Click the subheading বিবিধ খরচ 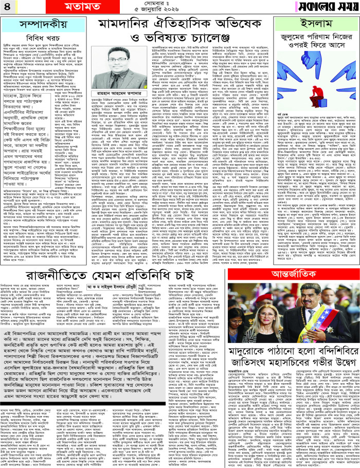click(x=35, y=39)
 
